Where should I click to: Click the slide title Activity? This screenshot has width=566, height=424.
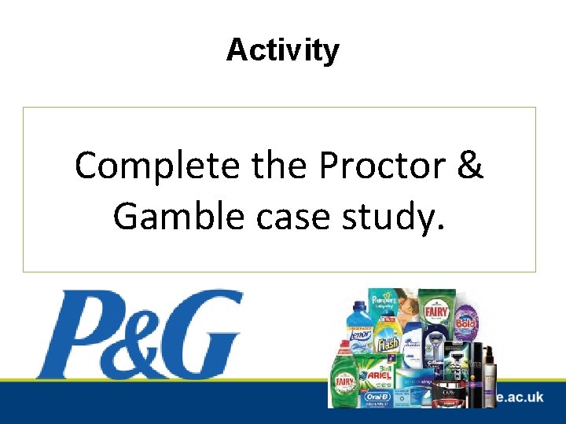(283, 50)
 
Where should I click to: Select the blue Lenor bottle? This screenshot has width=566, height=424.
(358, 330)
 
